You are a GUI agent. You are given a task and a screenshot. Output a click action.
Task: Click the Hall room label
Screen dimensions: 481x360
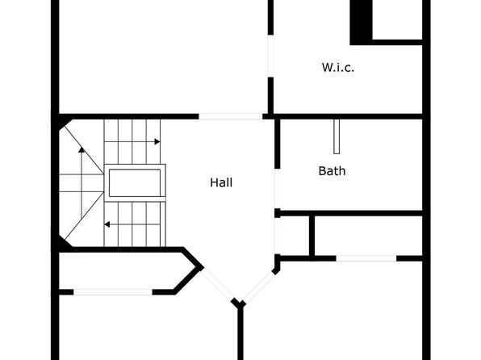pos(221,182)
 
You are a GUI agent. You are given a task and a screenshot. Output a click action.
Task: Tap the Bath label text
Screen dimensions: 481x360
pos(332,171)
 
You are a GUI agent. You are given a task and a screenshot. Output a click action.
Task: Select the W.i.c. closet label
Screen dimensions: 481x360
pos(337,68)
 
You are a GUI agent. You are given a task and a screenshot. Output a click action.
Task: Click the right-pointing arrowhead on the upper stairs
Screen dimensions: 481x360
pos(157,142)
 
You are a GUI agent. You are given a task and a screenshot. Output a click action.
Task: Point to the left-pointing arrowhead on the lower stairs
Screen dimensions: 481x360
pos(107,224)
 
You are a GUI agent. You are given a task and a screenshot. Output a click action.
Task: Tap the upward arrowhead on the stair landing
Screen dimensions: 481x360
pos(82,150)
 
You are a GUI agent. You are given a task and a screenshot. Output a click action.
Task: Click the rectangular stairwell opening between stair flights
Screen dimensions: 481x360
pos(135,183)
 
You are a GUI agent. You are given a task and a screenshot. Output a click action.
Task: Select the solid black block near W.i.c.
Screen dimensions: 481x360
pos(362,23)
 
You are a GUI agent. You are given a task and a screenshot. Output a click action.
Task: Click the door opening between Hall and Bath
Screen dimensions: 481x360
pos(278,188)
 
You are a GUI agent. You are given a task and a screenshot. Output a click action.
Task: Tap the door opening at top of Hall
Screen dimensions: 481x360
pos(230,116)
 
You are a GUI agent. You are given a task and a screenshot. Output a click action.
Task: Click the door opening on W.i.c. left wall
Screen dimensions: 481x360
pos(271,56)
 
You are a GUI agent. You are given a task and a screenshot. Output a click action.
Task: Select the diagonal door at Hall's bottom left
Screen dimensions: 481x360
pos(217,284)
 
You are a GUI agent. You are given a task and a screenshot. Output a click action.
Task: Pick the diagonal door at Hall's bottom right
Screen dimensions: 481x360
pos(260,286)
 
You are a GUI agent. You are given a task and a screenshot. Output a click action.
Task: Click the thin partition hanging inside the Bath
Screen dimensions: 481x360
pos(337,136)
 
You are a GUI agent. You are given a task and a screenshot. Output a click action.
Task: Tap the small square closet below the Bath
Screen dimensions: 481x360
pos(295,236)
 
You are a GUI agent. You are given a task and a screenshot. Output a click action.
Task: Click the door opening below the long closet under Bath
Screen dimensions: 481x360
pos(366,258)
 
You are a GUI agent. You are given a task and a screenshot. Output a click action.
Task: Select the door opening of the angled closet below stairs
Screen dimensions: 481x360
pos(113,292)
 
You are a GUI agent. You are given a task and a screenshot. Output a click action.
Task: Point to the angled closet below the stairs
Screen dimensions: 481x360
pos(126,270)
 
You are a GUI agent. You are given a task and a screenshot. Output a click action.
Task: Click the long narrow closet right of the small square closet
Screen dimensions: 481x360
pos(369,236)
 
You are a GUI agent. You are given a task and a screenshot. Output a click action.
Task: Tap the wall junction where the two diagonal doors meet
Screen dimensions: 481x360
pos(239,303)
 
